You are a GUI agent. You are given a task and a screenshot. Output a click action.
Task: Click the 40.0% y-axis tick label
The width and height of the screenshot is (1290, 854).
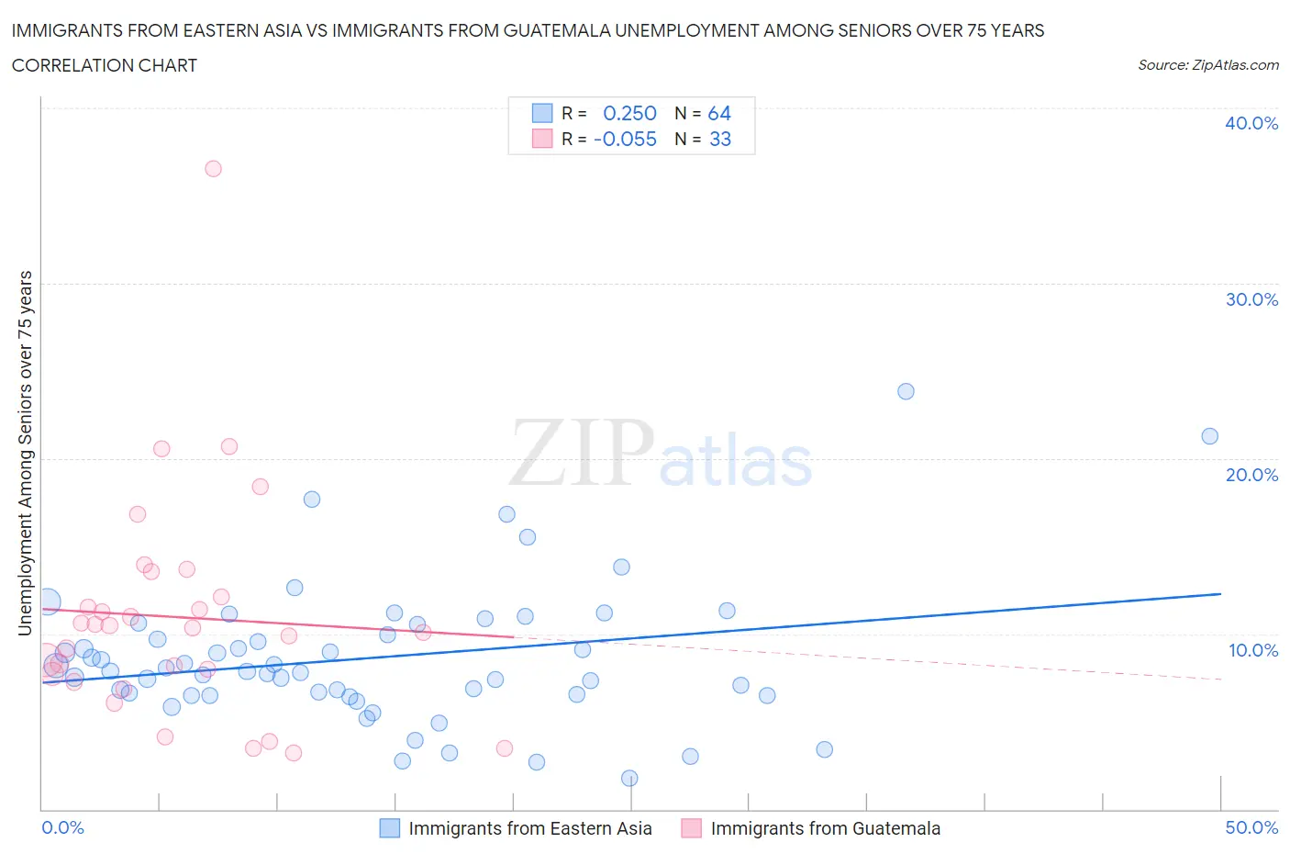(1251, 123)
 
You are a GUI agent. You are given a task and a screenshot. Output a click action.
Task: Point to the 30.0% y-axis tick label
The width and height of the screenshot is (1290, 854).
(1251, 299)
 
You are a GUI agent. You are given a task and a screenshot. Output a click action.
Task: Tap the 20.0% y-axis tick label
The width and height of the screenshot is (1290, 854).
(1251, 475)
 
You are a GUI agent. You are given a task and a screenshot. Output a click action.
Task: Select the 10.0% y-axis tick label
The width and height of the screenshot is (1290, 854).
(1252, 650)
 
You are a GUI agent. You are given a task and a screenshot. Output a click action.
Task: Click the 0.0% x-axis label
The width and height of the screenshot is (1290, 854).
(62, 827)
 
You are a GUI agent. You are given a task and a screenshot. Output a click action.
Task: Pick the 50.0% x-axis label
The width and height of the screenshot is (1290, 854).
(1251, 827)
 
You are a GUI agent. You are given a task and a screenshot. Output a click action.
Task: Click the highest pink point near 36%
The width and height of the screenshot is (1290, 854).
(213, 168)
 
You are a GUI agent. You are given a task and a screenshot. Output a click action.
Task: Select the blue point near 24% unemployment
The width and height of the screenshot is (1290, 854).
(906, 391)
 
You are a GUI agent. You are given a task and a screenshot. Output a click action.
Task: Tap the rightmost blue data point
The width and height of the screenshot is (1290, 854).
(1209, 436)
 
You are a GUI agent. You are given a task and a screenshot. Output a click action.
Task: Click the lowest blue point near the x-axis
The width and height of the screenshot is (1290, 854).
(629, 778)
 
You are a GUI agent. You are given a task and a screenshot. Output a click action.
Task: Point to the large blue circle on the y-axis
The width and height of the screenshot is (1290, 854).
(48, 602)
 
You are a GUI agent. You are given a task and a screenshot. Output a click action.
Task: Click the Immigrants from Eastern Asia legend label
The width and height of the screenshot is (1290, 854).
(529, 828)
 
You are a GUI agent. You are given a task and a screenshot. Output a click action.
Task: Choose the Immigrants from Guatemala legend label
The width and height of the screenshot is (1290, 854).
(825, 828)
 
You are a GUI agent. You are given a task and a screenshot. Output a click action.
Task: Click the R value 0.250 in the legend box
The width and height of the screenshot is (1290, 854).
(629, 113)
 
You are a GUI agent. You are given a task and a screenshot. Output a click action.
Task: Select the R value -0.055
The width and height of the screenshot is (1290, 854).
(625, 139)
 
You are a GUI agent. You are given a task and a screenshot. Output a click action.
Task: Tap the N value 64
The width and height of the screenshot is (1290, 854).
(719, 113)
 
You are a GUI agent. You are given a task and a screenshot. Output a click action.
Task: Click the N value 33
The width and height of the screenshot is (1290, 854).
(720, 139)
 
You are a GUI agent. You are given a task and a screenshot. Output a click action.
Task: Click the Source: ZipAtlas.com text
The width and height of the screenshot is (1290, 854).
(1207, 65)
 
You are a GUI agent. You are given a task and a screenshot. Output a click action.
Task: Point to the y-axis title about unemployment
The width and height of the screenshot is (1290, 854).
(25, 453)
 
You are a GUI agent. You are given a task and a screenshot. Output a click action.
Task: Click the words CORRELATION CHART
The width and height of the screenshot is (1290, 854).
(105, 65)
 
